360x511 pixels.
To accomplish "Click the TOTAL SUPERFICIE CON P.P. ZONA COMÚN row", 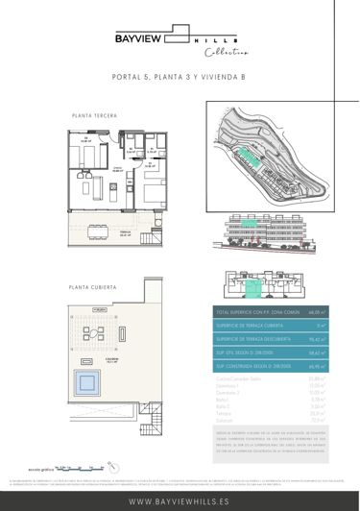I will coord(270,313).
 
